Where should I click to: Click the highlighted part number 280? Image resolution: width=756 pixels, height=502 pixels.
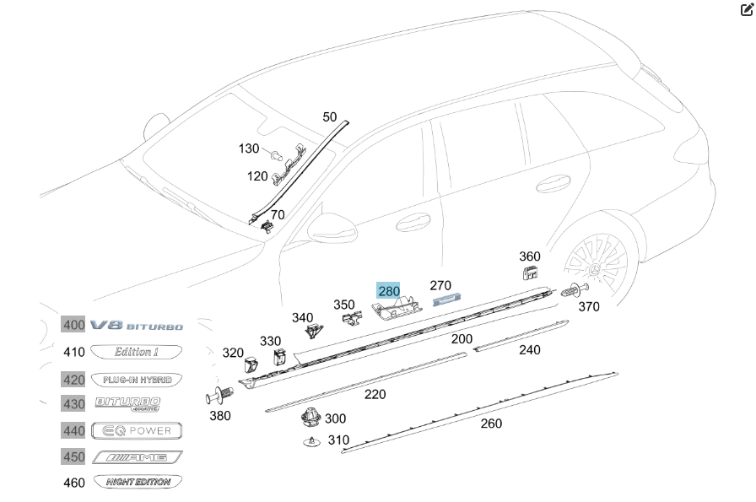[388, 291]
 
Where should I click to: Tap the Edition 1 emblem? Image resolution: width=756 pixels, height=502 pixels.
[137, 352]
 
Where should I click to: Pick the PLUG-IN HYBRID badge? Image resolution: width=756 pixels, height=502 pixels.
[137, 380]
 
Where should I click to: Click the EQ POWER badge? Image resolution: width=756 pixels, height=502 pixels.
[137, 430]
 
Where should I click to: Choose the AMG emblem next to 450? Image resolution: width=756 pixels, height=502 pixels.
[137, 457]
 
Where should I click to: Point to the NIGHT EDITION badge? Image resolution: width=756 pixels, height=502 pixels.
[137, 483]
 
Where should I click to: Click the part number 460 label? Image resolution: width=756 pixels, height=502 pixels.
[74, 483]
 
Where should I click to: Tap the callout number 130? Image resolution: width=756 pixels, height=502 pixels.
[248, 148]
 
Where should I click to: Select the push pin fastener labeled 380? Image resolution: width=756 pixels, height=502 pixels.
[219, 395]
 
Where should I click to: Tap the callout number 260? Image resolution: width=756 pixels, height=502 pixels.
[491, 423]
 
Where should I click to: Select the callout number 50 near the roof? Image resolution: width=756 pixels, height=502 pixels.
[329, 117]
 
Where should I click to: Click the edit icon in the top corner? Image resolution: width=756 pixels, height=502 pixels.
[745, 10]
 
